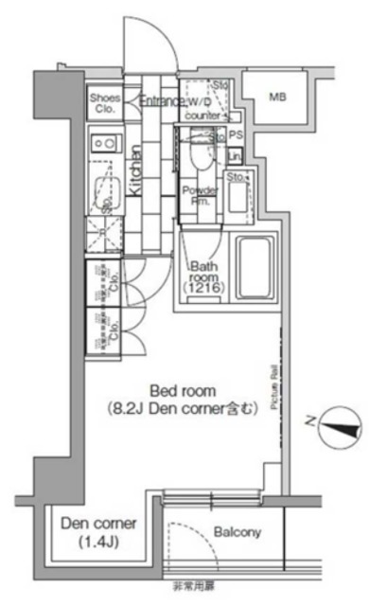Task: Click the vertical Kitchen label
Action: point(136,170)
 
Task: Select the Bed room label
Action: point(183,390)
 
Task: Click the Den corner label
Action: point(98,524)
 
